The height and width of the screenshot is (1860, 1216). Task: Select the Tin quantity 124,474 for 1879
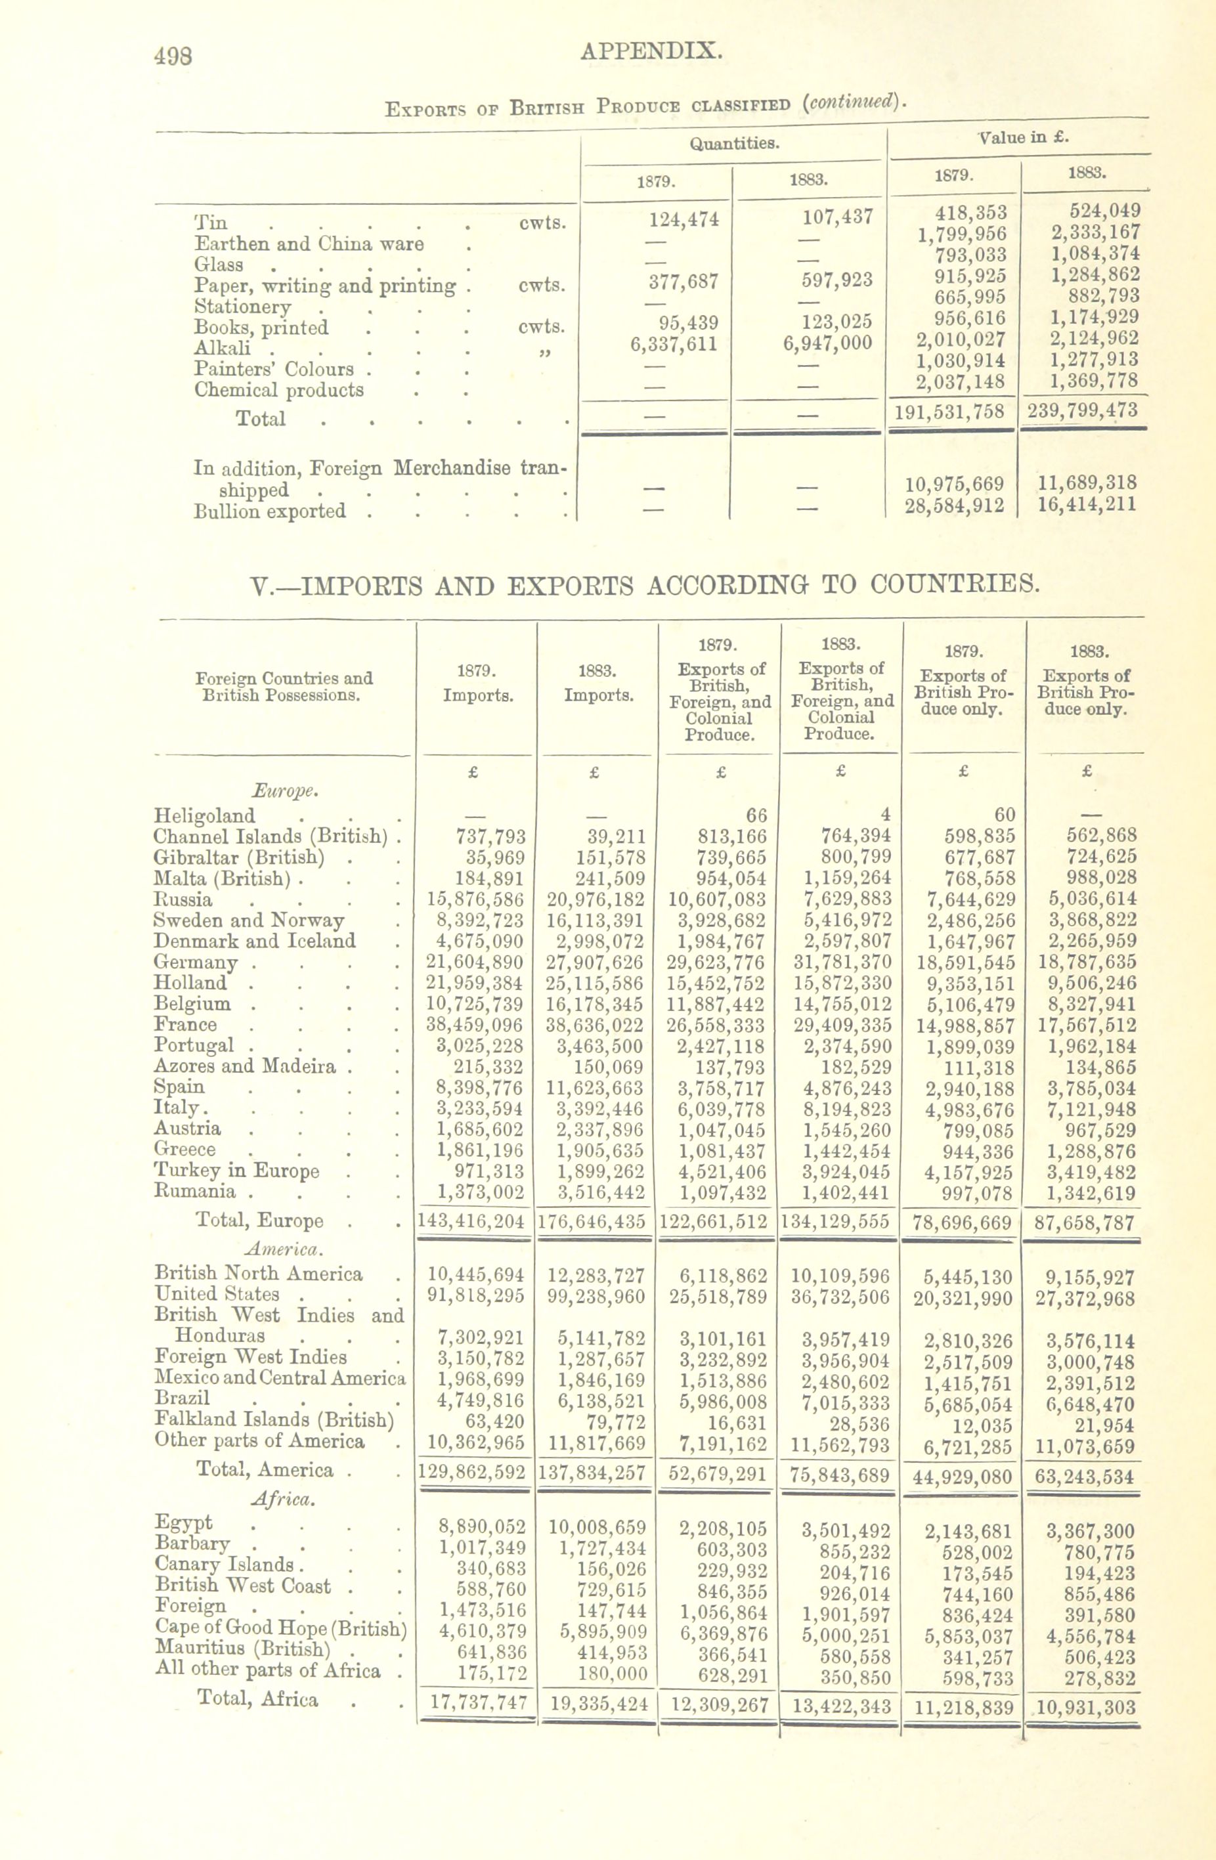point(683,219)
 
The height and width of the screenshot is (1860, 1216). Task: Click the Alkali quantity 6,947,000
point(827,342)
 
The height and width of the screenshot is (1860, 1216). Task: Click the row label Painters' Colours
point(274,368)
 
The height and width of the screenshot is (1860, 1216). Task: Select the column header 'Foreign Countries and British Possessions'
point(283,686)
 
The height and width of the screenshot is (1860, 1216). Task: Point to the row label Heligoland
point(204,815)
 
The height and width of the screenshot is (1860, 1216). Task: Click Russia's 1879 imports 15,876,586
point(476,899)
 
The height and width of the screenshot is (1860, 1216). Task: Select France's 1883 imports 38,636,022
point(596,1025)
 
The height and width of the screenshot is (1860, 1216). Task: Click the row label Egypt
point(184,1522)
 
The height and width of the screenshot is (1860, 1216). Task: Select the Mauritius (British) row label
point(243,1649)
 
